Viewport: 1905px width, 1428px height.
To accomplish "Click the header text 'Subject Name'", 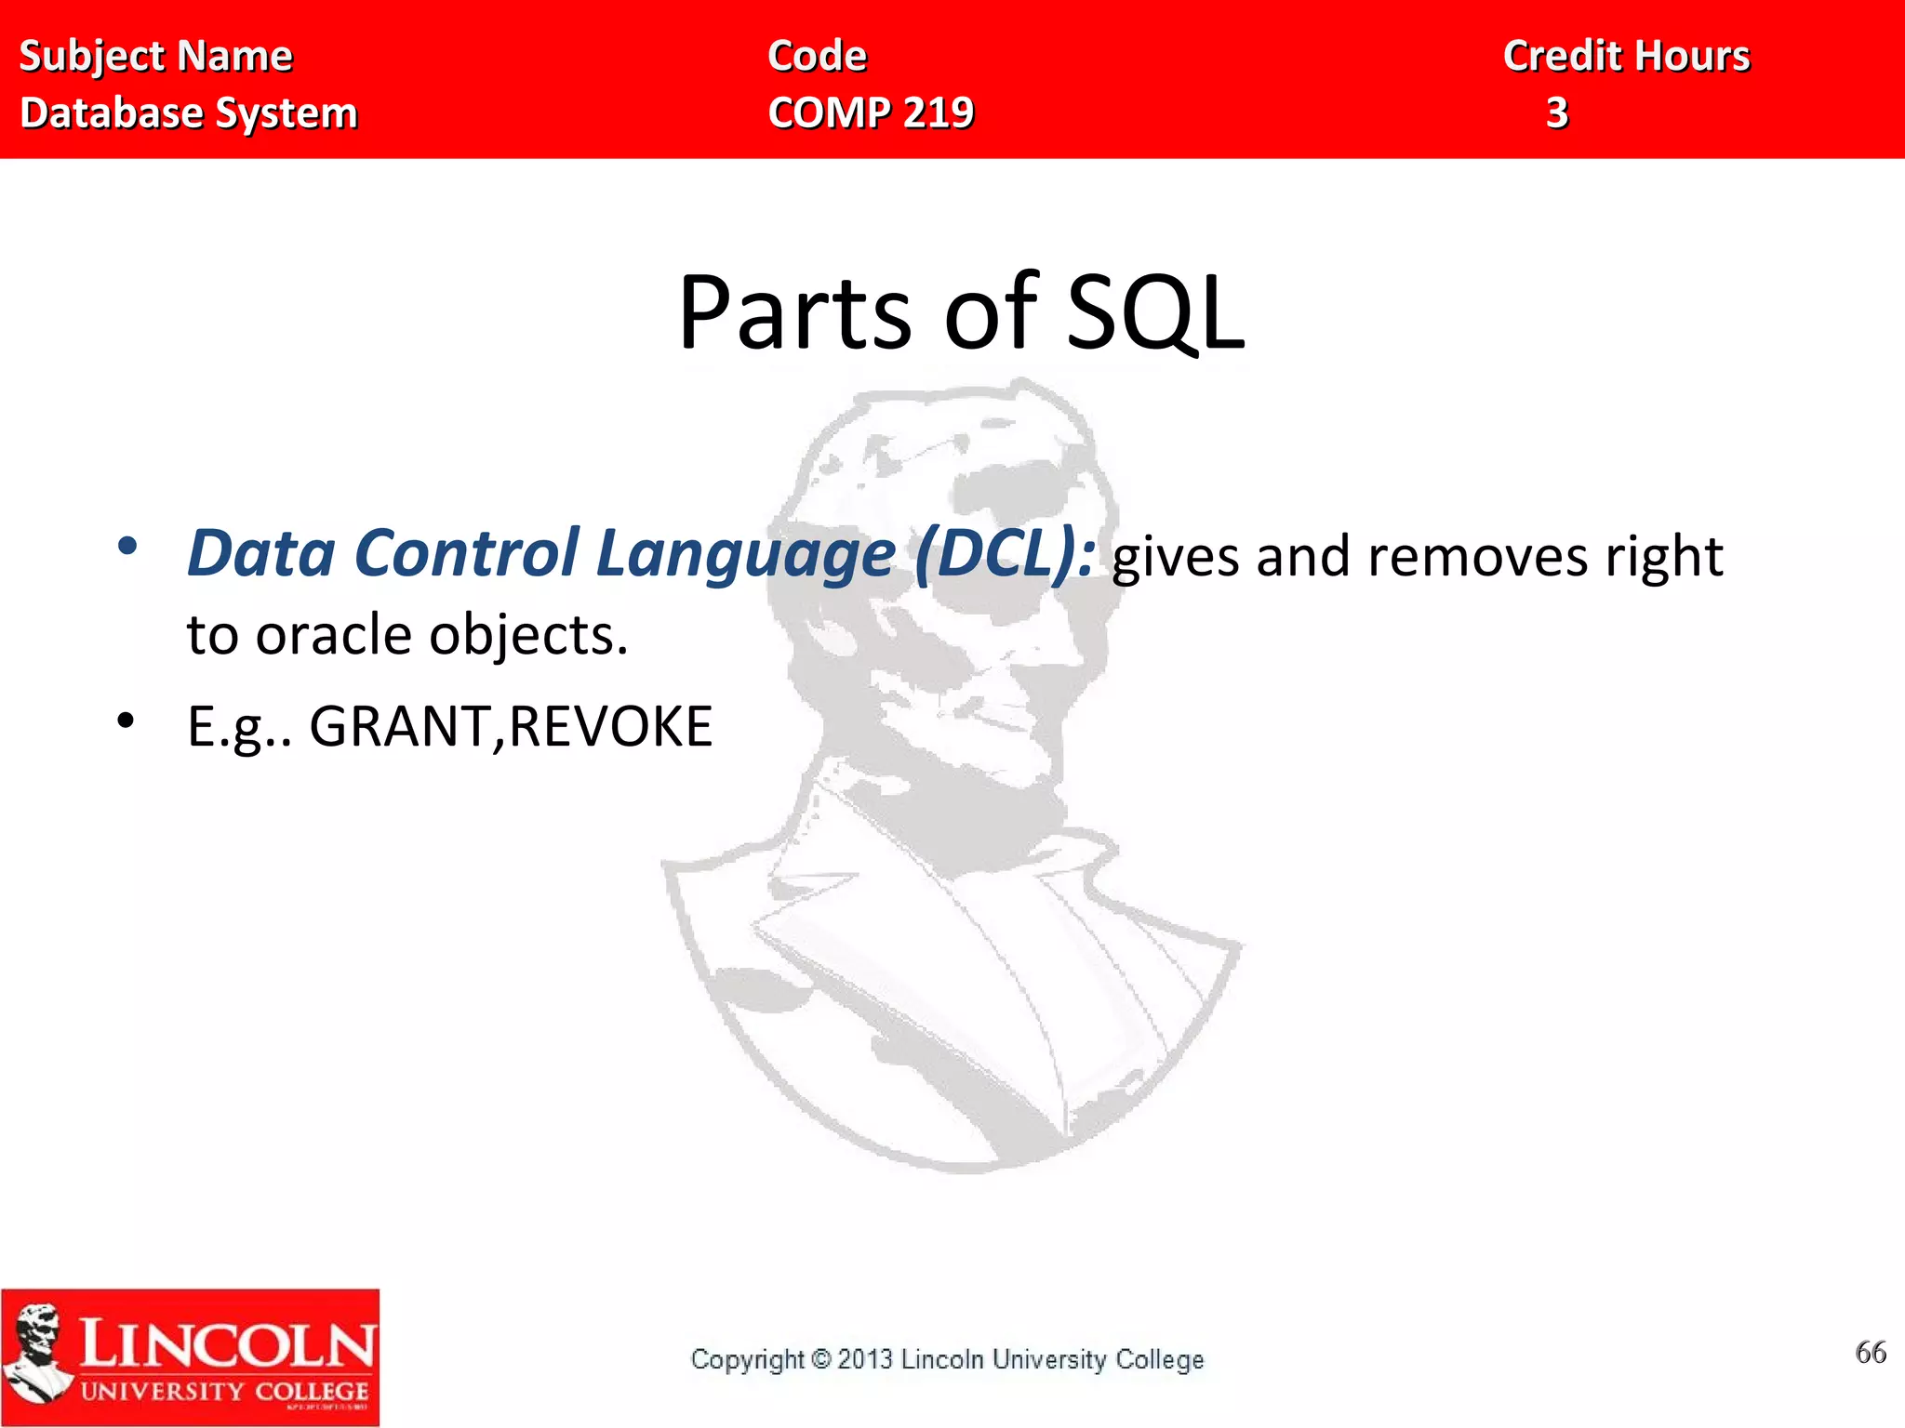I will click(x=155, y=57).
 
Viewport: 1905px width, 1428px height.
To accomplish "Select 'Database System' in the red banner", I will click(x=189, y=113).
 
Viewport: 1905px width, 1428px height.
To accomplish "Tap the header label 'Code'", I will click(x=817, y=57).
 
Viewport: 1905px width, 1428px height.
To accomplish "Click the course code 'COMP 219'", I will click(x=871, y=113).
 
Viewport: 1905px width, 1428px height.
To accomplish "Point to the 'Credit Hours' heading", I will click(x=1626, y=57).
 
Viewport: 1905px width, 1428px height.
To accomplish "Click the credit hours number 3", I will click(x=1557, y=113).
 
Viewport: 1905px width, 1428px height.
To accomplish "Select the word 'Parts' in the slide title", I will click(x=794, y=313).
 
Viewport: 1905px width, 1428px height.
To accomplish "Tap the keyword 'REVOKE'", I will click(x=611, y=727).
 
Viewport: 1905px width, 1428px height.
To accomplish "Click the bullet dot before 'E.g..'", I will click(x=127, y=721).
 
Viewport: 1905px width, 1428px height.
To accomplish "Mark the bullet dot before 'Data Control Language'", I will click(x=127, y=547).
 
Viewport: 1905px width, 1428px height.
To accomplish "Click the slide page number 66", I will click(x=1870, y=1353).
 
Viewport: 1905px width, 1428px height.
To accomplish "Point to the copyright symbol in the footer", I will click(x=820, y=1359).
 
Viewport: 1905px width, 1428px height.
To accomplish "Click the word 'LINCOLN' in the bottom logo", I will click(x=227, y=1344).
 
